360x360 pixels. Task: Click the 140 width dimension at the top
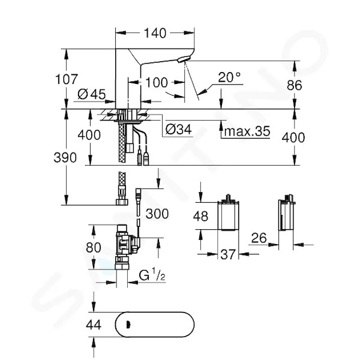tap(155, 33)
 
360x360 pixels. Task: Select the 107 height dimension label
tap(67, 79)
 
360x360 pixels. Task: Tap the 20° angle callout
tap(229, 77)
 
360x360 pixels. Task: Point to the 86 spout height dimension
tap(295, 85)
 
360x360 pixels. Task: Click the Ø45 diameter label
tap(92, 94)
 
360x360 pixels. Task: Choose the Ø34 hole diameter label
tap(178, 130)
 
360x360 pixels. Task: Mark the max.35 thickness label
tap(247, 131)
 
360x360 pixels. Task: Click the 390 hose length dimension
tap(65, 158)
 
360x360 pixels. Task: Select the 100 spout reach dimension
tap(157, 82)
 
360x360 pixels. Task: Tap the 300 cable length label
tap(157, 214)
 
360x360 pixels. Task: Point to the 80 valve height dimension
tap(94, 248)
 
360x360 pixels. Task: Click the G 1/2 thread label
tap(152, 275)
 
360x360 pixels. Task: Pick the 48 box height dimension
tap(200, 216)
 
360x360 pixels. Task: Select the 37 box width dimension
tap(228, 254)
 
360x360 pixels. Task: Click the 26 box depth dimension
tap(259, 238)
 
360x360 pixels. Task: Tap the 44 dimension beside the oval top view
tap(94, 325)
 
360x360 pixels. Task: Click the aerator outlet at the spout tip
tap(183, 59)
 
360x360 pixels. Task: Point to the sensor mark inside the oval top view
tap(128, 325)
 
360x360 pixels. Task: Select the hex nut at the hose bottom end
tap(122, 202)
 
